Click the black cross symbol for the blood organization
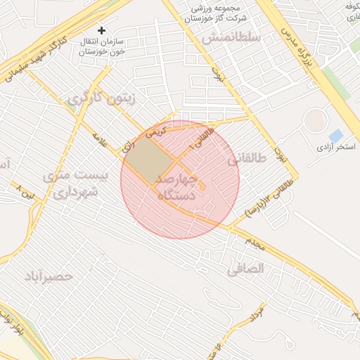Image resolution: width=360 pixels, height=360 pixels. point(102,30)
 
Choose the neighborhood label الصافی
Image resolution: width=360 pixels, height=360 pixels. point(246,268)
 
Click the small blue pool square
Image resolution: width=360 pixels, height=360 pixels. point(336,135)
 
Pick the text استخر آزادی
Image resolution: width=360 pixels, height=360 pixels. point(335,148)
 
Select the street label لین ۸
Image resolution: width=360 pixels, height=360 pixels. point(25,191)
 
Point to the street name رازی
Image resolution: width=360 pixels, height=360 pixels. point(127,147)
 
